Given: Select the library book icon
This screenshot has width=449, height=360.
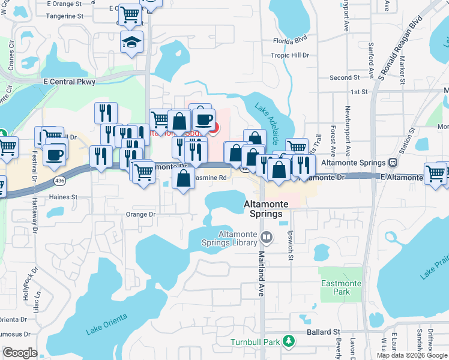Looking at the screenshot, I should coord(267,238).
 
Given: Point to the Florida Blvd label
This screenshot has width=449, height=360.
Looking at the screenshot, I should coord(290,41).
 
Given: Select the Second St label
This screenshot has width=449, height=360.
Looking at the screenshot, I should coord(344,77).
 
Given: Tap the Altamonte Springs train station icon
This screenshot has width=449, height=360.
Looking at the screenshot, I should coord(393,162).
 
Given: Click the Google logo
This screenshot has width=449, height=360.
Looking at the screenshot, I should coord(20,352).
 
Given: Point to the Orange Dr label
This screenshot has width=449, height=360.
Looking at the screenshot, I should coord(140,214).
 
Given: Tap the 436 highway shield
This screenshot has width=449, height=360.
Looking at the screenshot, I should coord(74,172).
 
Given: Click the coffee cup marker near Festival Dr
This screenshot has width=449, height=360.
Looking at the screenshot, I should coord(55,154).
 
